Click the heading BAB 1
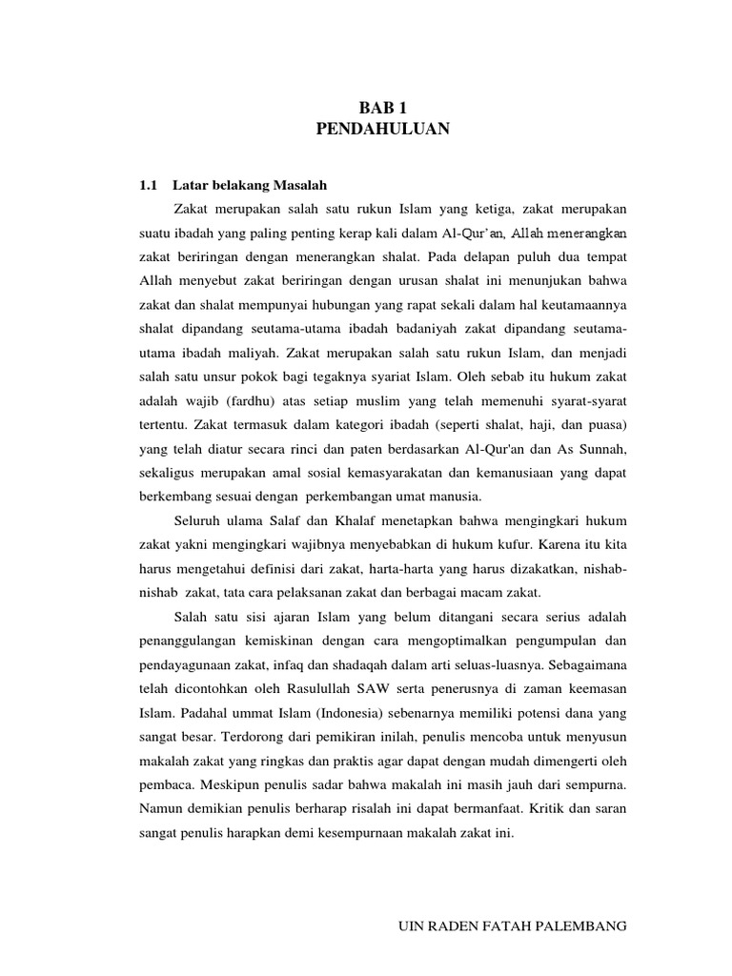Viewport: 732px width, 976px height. pos(382,110)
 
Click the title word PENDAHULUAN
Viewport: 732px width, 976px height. pos(382,130)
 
